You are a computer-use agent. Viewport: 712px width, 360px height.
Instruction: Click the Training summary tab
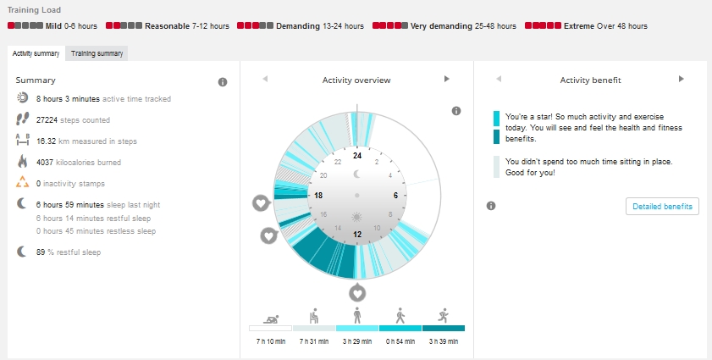click(97, 53)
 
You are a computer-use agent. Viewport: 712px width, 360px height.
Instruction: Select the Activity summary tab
click(36, 53)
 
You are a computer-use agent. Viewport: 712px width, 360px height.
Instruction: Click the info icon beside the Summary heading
click(223, 82)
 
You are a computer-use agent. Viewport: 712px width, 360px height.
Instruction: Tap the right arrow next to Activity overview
click(447, 79)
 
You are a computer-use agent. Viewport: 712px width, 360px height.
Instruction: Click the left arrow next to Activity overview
click(265, 79)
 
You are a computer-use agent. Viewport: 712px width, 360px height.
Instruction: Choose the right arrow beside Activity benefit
click(682, 79)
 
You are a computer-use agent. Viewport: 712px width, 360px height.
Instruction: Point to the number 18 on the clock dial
click(318, 196)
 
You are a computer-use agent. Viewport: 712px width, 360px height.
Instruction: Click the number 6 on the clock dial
click(395, 196)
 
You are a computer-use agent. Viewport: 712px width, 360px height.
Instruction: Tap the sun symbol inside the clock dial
click(357, 218)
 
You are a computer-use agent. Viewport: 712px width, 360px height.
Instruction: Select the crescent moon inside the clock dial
click(357, 174)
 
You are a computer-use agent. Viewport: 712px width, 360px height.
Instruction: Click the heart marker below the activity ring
click(357, 293)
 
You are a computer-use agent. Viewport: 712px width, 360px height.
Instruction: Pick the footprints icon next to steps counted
click(22, 119)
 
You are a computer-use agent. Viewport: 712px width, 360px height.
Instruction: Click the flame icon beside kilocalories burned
click(22, 161)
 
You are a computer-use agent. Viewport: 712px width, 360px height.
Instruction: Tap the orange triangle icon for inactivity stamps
click(22, 183)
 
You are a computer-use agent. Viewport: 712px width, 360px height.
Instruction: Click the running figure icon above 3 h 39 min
click(443, 315)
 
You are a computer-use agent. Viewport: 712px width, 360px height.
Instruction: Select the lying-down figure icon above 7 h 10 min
click(271, 319)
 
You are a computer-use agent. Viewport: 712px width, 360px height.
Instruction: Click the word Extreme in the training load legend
click(579, 26)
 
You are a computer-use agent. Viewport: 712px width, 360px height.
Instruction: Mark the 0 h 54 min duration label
click(400, 341)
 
